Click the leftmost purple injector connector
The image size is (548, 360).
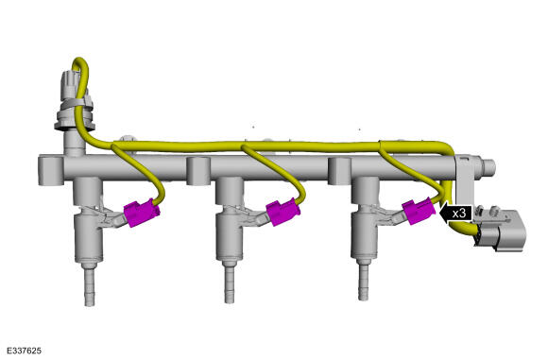click(x=142, y=213)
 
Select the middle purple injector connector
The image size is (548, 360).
click(x=283, y=212)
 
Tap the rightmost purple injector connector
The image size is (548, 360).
click(x=420, y=211)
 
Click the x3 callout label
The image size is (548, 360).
click(x=459, y=214)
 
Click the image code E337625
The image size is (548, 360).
click(x=24, y=351)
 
